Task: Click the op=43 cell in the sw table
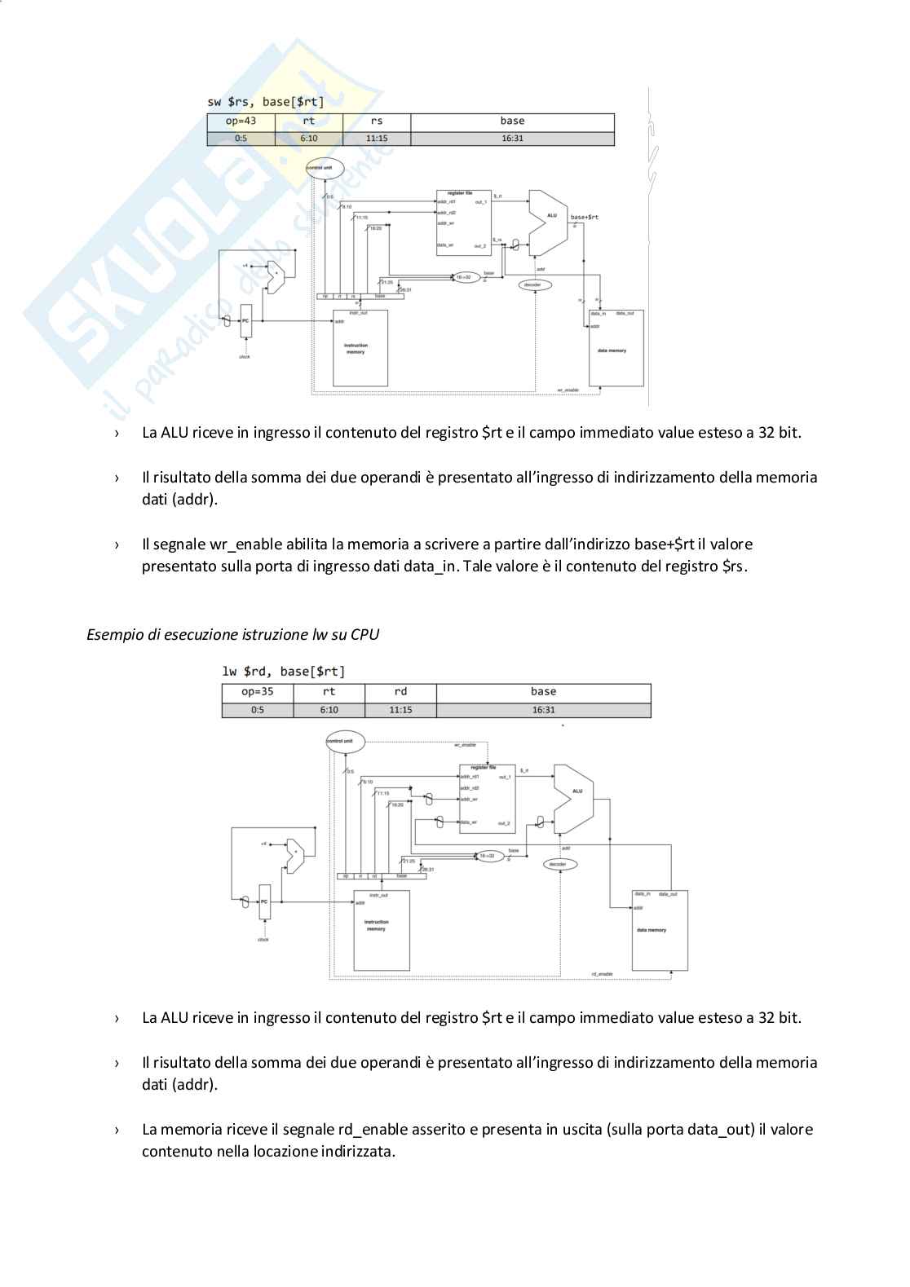(241, 121)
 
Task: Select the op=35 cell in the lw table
(257, 692)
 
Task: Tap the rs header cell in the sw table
(377, 121)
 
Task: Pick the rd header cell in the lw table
(400, 692)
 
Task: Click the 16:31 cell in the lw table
(543, 710)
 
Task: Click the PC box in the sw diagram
(245, 321)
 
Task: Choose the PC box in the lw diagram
(263, 901)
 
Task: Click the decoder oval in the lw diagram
(558, 864)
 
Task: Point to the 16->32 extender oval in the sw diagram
(463, 277)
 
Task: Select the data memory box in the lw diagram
(660, 930)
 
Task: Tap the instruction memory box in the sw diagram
(360, 349)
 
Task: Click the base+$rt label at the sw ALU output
(584, 217)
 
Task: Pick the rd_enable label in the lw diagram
(602, 974)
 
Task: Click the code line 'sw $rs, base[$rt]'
(266, 102)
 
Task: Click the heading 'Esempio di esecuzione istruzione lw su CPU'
(232, 634)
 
